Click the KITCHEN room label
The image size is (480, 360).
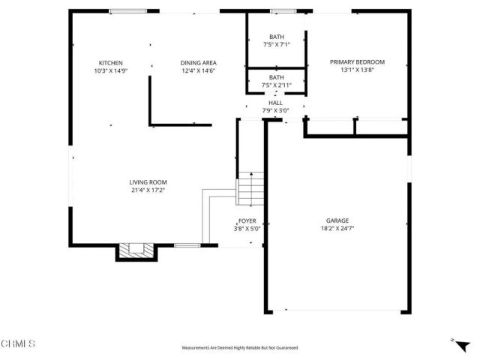pyautogui.click(x=110, y=63)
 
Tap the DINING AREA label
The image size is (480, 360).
pyautogui.click(x=198, y=63)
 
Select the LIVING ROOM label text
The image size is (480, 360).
pyautogui.click(x=148, y=182)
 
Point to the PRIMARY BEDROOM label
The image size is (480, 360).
pyautogui.click(x=357, y=63)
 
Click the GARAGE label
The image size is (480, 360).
pyautogui.click(x=337, y=220)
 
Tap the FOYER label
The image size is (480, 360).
pyautogui.click(x=247, y=221)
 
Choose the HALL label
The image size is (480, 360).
pyautogui.click(x=276, y=103)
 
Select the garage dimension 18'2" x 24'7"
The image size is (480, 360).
pyautogui.click(x=337, y=229)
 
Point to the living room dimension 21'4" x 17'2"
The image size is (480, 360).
pyautogui.click(x=148, y=190)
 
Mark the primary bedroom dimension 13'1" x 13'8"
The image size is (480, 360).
pyautogui.click(x=357, y=71)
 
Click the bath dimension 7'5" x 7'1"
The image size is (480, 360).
pyautogui.click(x=276, y=45)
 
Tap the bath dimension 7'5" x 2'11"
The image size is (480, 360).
pyautogui.click(x=276, y=85)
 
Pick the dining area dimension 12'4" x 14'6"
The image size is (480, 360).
pyautogui.click(x=198, y=71)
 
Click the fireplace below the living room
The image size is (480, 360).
pyautogui.click(x=136, y=251)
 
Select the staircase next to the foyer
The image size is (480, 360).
pyautogui.click(x=251, y=190)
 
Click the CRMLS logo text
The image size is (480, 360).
pyautogui.click(x=19, y=343)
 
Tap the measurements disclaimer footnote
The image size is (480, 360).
pyautogui.click(x=240, y=348)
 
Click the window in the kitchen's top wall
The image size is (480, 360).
pyautogui.click(x=127, y=11)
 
